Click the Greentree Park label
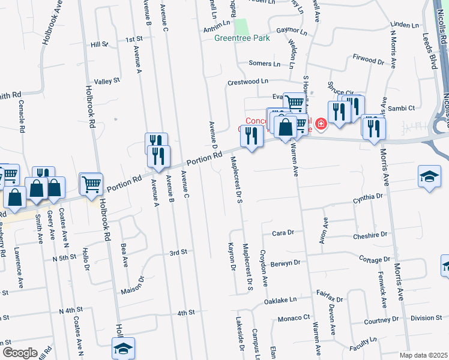242,38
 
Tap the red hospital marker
321,125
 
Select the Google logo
19,353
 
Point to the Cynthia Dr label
368,196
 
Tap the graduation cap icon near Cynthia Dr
429,176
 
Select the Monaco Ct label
293,317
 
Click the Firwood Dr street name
369,61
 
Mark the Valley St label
107,80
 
